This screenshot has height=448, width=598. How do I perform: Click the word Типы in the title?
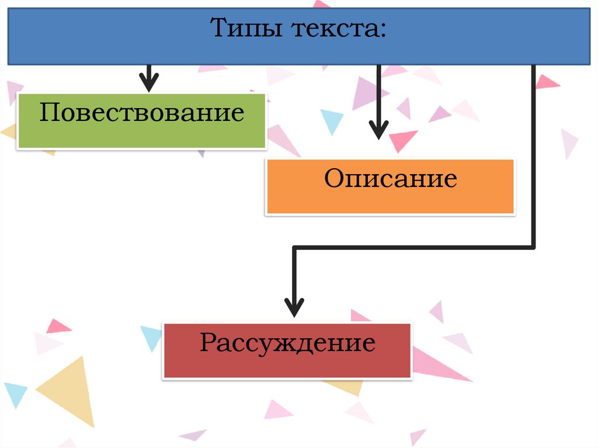tap(241, 27)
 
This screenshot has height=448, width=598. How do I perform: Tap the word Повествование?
tap(141, 112)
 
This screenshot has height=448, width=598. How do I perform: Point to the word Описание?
tap(391, 179)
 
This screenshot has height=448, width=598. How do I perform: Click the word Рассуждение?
tap(287, 343)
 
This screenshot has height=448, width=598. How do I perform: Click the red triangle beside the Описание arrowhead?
tap(402, 140)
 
